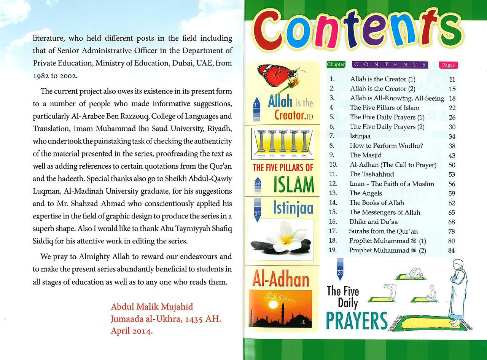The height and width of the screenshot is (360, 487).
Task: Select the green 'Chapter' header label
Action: (x=336, y=65)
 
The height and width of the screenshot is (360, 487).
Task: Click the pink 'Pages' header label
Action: (x=448, y=65)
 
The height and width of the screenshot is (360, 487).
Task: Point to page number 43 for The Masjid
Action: (x=452, y=155)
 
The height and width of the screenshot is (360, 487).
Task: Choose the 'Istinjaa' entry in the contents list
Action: (x=360, y=136)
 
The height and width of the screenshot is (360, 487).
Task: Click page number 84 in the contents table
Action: (x=452, y=250)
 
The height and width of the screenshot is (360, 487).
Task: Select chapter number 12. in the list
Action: (x=333, y=184)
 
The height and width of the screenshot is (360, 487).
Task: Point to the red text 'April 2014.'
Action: (x=132, y=331)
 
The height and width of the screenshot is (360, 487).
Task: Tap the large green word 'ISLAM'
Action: (x=293, y=185)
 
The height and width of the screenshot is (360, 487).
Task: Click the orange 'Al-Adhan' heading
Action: (x=281, y=280)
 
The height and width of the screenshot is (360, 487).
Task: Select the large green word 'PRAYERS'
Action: (x=356, y=321)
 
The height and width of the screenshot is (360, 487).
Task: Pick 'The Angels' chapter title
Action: (x=366, y=193)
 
